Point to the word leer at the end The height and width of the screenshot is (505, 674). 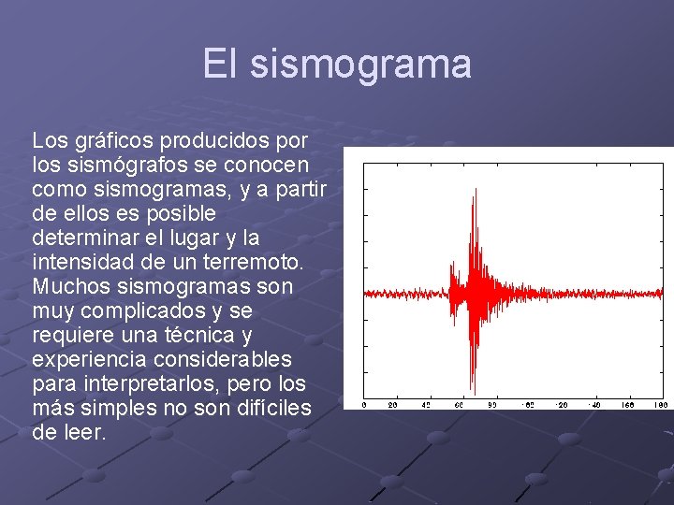click(x=85, y=432)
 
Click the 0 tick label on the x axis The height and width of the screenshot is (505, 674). click(x=364, y=405)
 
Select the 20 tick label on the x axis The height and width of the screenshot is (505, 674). click(x=393, y=405)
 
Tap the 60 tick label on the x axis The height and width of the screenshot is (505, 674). click(x=460, y=405)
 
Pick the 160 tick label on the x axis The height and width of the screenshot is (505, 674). click(x=627, y=405)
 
